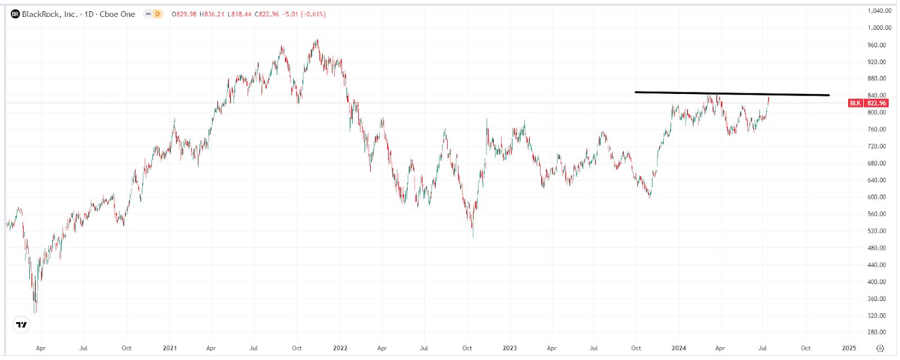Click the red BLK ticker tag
pos(855,103)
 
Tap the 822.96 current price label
pos(876,103)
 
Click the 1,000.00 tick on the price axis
pos(879,28)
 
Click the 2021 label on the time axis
pos(169,348)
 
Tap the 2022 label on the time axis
pos(340,348)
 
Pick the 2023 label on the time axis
pos(510,348)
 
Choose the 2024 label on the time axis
pos(679,348)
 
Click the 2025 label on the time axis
pos(849,348)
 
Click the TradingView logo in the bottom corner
pos(21,325)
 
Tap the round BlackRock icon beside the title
pos(15,14)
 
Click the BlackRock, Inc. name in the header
pos(49,14)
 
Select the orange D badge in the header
pos(157,14)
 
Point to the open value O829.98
pos(184,14)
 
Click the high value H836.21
pos(212,14)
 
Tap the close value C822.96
pos(267,14)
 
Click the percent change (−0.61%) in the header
pos(313,14)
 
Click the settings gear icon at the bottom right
pos(880,348)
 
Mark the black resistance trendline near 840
pos(731,93)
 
